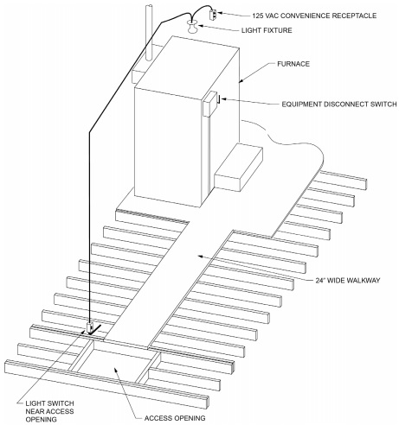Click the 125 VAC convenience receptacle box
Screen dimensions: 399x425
(213, 15)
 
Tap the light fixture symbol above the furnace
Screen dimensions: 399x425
(192, 27)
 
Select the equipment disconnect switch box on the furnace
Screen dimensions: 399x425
(210, 104)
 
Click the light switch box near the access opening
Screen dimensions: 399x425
(90, 327)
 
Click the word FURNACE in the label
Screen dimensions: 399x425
(293, 64)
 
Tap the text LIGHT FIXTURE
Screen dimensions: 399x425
(267, 30)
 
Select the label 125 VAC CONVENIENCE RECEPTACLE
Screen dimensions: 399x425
(314, 16)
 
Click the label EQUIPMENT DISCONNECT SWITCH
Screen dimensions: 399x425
(339, 104)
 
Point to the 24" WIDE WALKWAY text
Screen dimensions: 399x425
(348, 280)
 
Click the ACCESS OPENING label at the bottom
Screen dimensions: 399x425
(175, 418)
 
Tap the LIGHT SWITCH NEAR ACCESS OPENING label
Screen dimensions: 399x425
(49, 411)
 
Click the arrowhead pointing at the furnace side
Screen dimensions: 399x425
(242, 80)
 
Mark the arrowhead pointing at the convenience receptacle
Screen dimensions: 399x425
(220, 13)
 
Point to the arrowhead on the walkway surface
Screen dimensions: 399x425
(200, 256)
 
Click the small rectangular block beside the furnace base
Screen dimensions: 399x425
(238, 168)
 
